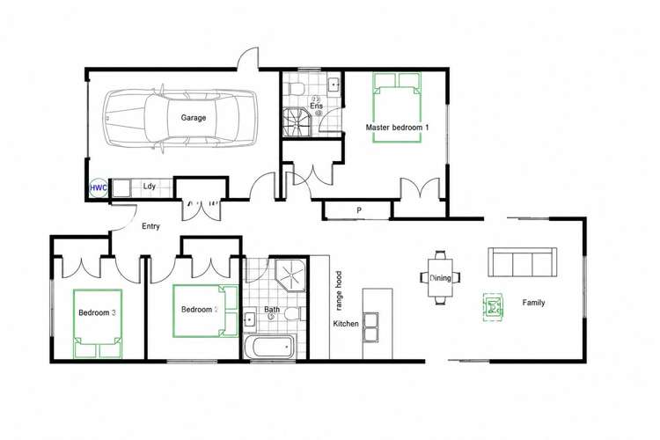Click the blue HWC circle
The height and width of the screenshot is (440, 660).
pos(99,187)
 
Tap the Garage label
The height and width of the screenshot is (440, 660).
pos(194,117)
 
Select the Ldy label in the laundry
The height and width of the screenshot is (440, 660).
pos(150,186)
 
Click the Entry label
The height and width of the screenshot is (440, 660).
pos(150,226)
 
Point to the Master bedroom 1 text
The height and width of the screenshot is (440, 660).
pos(397,127)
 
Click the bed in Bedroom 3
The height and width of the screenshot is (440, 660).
pos(98,323)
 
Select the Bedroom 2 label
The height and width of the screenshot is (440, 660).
pos(200,310)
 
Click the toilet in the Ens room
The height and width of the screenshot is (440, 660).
pos(297,89)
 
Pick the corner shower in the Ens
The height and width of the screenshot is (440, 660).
pos(297,122)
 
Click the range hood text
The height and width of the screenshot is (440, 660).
pos(339,290)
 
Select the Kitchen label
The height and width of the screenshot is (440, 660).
pos(346,324)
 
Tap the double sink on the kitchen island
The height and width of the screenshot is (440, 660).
pos(370,326)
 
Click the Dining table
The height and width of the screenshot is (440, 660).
pos(440,278)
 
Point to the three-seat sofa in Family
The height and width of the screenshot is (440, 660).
pos(523,262)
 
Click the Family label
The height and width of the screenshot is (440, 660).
pos(533,303)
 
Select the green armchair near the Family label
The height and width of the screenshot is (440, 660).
pos(493,307)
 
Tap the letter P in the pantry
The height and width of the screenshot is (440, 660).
pos(359,210)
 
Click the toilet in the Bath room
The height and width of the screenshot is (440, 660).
pos(292,313)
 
